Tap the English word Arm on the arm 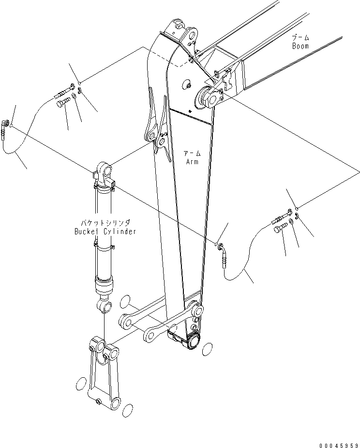pyautogui.click(x=192, y=162)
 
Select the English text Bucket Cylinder pyautogui.click(x=105, y=232)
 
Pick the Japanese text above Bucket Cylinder pyautogui.click(x=105, y=223)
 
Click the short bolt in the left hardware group pyautogui.click(x=64, y=102)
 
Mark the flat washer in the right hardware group pyautogui.click(x=290, y=222)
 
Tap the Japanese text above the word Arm pyautogui.click(x=192, y=154)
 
